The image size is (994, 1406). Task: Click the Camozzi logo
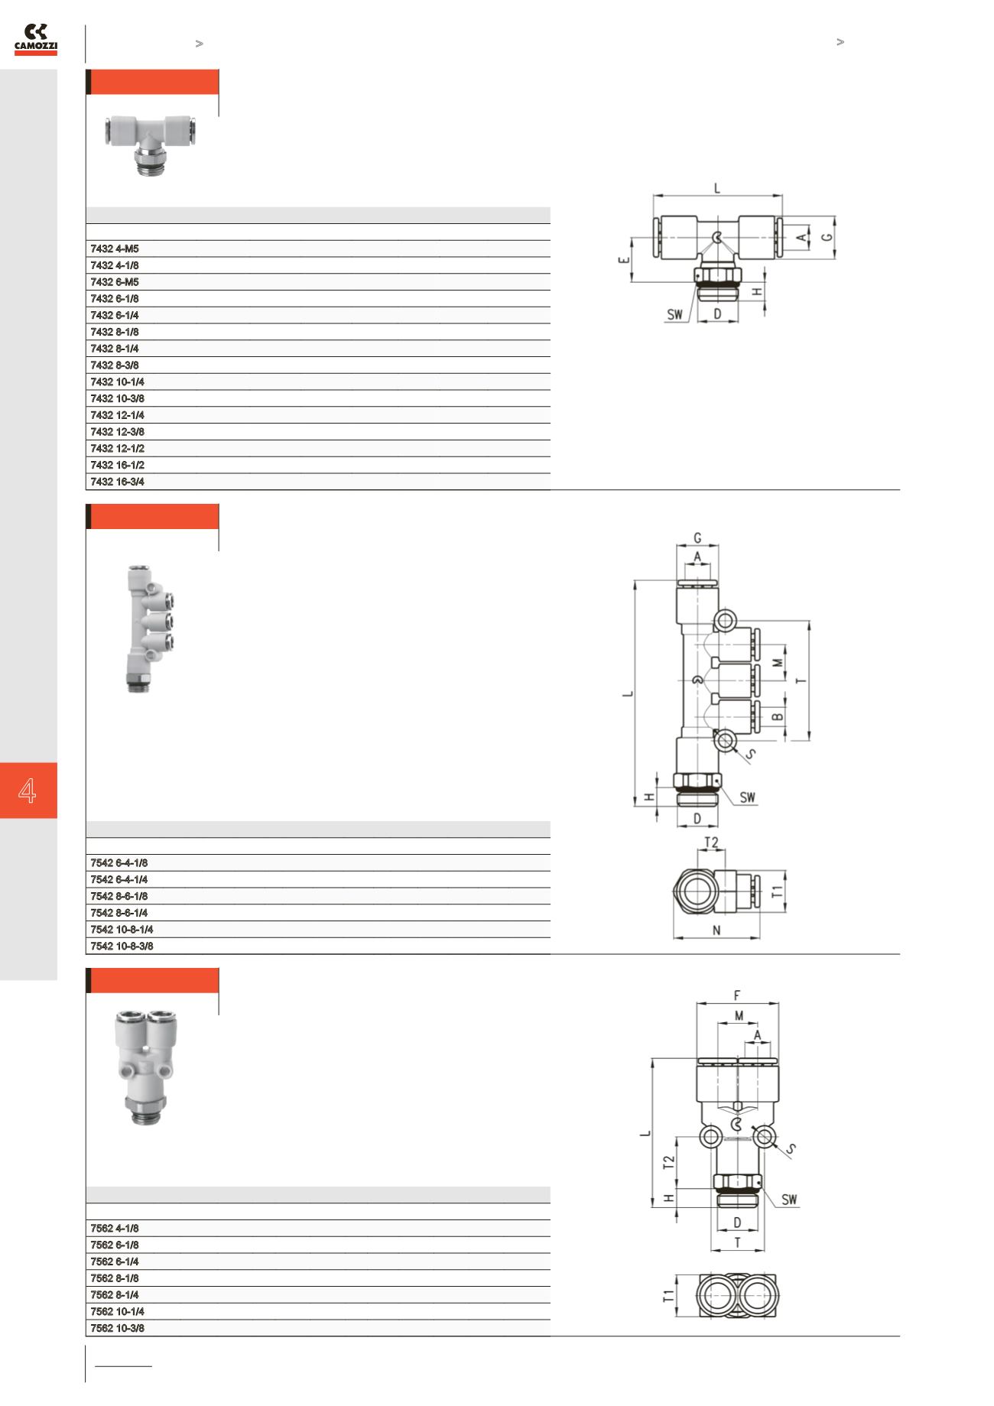coord(36,39)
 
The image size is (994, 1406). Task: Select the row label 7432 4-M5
coord(115,248)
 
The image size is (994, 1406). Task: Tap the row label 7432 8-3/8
coord(115,365)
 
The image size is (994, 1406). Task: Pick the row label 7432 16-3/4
coord(117,482)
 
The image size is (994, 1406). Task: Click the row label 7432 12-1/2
coord(117,449)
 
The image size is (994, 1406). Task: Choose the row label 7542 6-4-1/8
coord(119,863)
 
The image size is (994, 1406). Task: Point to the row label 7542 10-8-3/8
coord(122,947)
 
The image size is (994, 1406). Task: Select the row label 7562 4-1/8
coord(115,1229)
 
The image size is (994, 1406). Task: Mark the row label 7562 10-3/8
coord(117,1329)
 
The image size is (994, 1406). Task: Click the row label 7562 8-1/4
coord(115,1295)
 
